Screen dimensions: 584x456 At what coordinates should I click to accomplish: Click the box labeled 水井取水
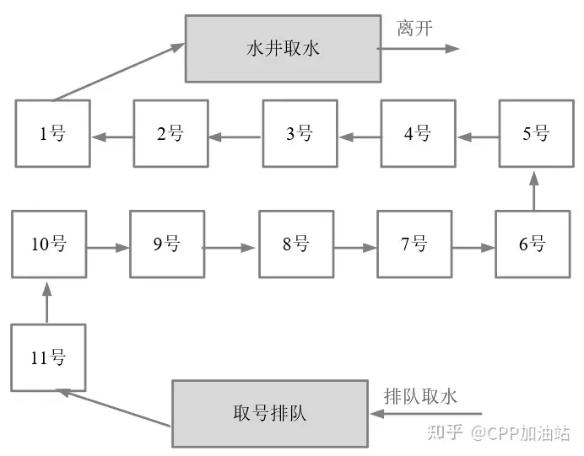click(283, 48)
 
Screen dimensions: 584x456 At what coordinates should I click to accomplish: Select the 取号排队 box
click(270, 413)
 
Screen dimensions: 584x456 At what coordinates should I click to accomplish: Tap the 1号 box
click(53, 133)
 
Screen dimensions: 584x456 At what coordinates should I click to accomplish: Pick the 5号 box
click(537, 133)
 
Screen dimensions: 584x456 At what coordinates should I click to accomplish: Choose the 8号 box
click(296, 244)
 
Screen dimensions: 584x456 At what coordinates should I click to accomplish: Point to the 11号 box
click(48, 357)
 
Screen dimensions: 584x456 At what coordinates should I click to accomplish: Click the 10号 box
click(49, 244)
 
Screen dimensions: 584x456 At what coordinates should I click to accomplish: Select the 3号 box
click(300, 133)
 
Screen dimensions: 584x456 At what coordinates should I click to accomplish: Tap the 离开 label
click(415, 29)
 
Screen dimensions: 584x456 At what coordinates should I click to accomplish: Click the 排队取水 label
click(420, 396)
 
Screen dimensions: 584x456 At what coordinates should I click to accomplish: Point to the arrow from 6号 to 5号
click(534, 190)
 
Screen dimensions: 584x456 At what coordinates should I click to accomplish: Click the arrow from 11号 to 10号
click(47, 303)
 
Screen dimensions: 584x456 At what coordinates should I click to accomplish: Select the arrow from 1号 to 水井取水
click(118, 72)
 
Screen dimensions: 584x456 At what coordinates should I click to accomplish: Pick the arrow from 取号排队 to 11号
click(113, 407)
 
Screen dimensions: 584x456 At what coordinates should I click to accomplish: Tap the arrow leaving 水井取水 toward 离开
click(418, 48)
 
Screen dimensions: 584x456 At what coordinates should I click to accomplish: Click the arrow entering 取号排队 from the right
click(425, 413)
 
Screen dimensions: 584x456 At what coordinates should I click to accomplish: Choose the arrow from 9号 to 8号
click(229, 247)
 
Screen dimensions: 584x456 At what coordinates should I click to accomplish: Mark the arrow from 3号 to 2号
click(235, 137)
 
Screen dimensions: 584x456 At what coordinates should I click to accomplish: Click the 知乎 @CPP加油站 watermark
click(499, 432)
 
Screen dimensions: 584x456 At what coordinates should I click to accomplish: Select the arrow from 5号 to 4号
click(479, 137)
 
